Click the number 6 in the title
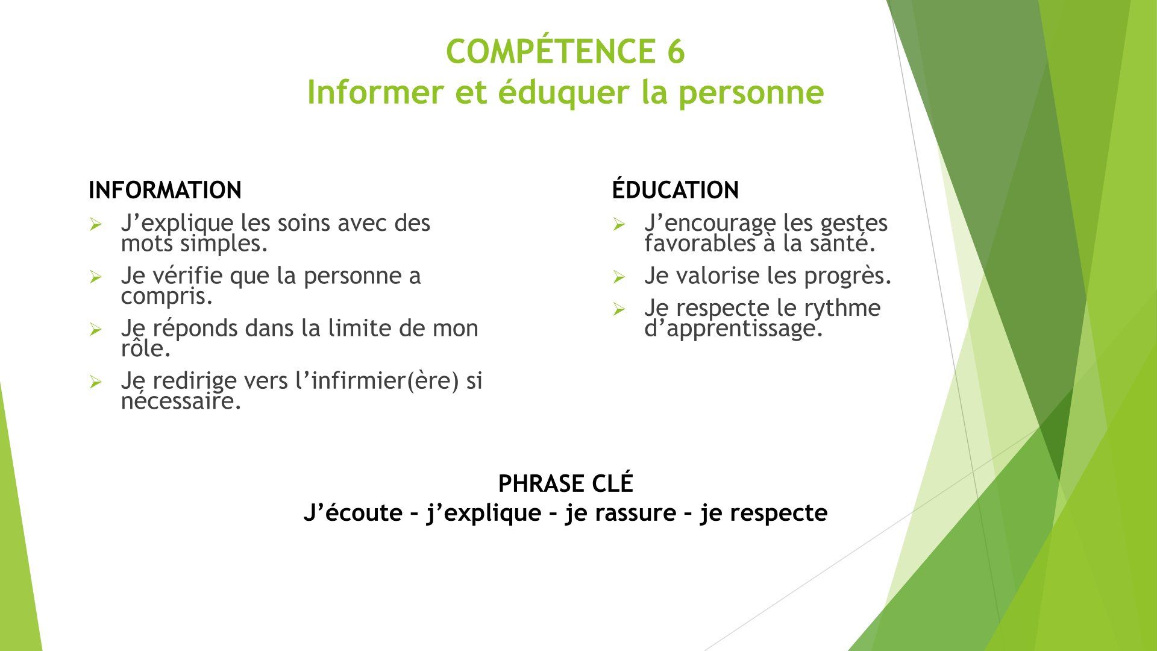click(x=676, y=51)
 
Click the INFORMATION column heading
click(x=165, y=190)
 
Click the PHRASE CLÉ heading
click(x=566, y=483)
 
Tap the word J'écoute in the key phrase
click(x=353, y=512)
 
